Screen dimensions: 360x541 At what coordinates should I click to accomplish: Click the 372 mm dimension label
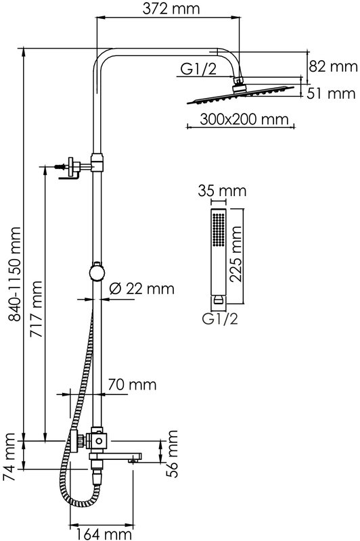(x=171, y=9)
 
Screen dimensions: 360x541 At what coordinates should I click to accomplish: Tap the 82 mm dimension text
(x=333, y=66)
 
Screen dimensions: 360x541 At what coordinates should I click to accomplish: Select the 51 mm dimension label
(x=331, y=93)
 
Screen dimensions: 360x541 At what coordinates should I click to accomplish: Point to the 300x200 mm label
(x=244, y=120)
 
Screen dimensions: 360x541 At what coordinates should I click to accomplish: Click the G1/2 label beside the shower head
(x=198, y=70)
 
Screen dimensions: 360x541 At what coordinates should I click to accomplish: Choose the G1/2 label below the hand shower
(x=220, y=319)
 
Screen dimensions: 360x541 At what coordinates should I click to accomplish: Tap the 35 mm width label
(x=222, y=191)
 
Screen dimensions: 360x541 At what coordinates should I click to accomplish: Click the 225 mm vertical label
(x=236, y=254)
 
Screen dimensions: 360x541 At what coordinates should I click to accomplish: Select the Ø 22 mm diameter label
(x=142, y=289)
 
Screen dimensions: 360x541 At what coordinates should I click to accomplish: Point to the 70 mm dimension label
(x=132, y=384)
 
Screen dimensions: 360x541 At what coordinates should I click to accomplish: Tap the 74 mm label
(x=9, y=457)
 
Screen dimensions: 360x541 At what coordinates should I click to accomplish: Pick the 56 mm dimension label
(x=172, y=454)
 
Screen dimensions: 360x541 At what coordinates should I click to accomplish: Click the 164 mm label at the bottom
(x=104, y=534)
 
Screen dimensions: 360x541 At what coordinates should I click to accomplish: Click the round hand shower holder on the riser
(x=97, y=273)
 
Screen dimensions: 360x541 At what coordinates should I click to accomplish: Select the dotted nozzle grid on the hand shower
(x=219, y=230)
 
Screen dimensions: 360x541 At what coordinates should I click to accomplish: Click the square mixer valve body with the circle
(x=99, y=441)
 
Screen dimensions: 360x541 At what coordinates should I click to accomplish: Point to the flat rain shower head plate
(x=241, y=95)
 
